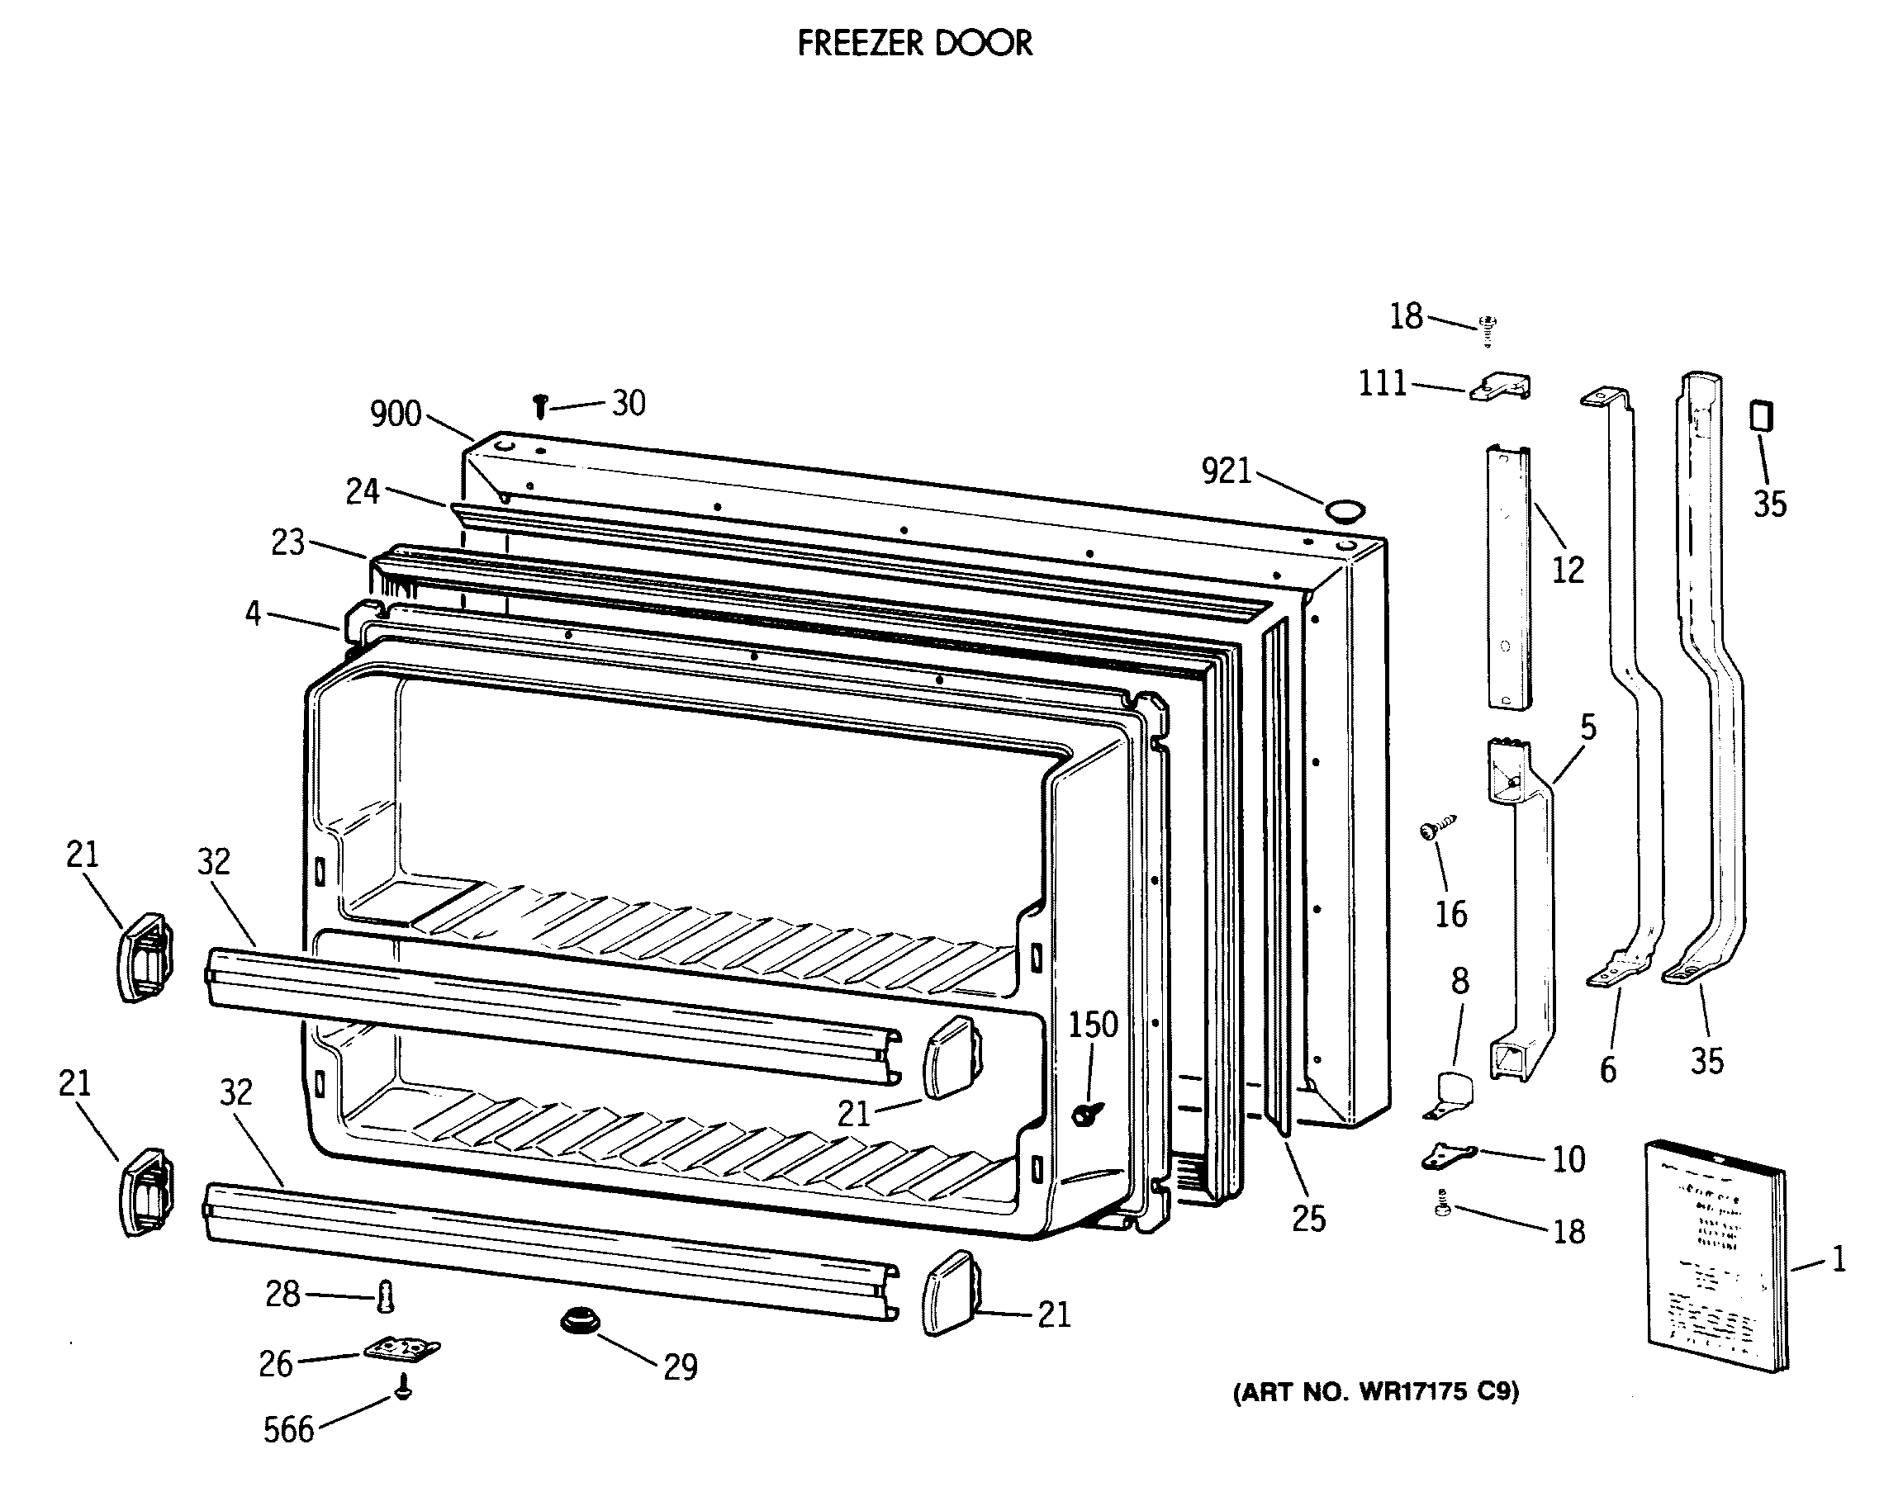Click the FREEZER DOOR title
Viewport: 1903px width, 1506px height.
(914, 43)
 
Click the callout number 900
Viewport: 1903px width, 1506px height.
(395, 414)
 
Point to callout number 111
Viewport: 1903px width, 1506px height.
(1382, 384)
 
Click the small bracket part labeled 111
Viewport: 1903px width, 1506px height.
(1501, 386)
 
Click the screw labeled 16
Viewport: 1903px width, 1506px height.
(1436, 829)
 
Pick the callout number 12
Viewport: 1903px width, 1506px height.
(1568, 571)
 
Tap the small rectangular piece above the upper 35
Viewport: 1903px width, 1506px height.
(1762, 415)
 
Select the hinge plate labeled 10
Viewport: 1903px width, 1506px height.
(1448, 1155)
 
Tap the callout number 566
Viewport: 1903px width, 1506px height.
(288, 1430)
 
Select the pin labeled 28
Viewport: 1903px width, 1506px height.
(384, 1296)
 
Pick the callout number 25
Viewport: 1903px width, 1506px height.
(1308, 1219)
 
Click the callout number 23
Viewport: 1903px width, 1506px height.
(287, 542)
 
